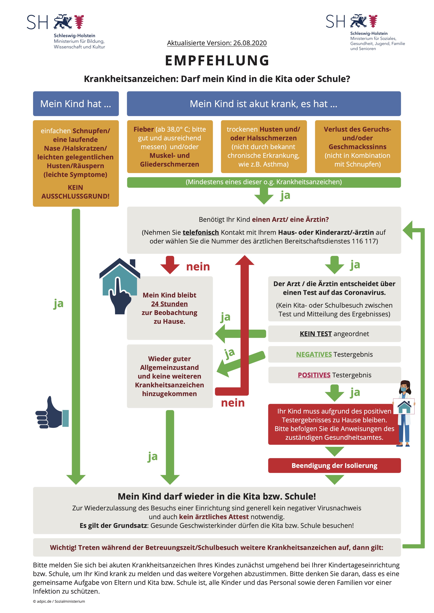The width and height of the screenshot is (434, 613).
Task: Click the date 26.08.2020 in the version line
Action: coord(250,43)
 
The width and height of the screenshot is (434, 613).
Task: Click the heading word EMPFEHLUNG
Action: coord(217,60)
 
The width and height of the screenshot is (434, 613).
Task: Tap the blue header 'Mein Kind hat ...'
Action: coord(76,104)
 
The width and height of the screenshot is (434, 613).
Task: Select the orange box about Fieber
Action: coord(170,147)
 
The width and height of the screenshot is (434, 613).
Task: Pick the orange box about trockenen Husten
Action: coord(264,147)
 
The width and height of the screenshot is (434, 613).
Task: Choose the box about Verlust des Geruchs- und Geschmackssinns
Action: coord(358,147)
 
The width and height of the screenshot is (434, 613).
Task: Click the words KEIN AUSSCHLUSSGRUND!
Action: coord(76,192)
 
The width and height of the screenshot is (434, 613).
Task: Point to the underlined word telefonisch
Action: coord(201,232)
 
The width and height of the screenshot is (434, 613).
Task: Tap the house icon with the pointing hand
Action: coord(120,286)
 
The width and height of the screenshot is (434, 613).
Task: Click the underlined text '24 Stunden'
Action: coord(169,304)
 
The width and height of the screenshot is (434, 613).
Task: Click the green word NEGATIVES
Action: coord(314,354)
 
